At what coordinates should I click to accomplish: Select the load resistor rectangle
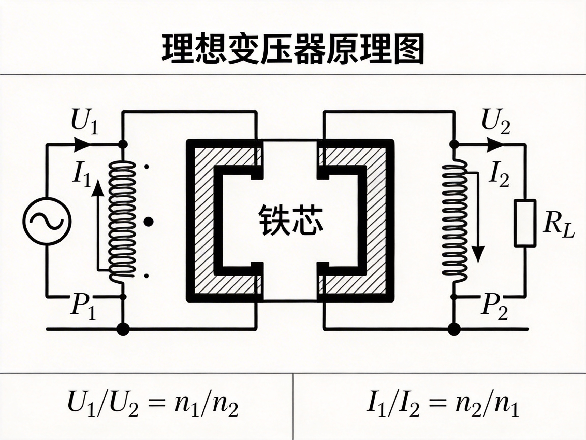(x=524, y=223)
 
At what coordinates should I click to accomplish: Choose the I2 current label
(x=498, y=176)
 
